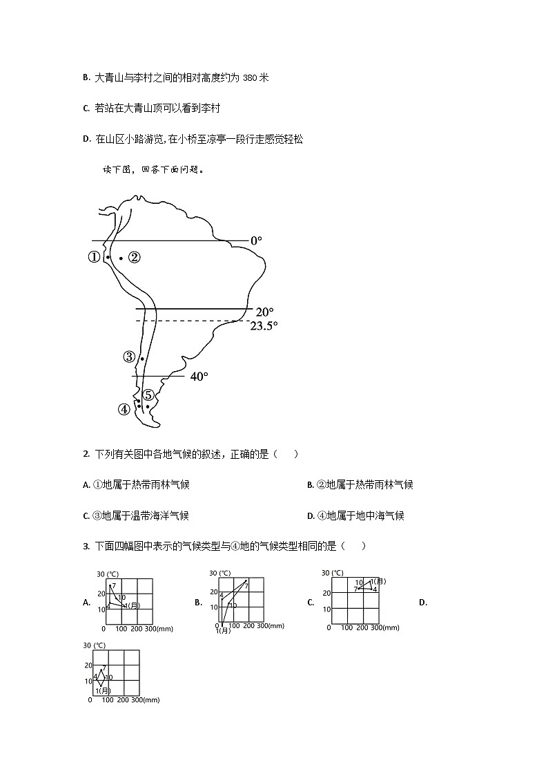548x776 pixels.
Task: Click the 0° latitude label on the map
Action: coord(256,240)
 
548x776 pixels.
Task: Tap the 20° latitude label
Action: coord(264,312)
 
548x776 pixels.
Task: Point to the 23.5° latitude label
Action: coord(264,325)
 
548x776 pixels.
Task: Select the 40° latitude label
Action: coord(199,377)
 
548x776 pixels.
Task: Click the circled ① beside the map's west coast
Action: coord(95,257)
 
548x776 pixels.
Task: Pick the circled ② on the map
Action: coord(135,257)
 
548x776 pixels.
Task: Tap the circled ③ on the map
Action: coord(129,357)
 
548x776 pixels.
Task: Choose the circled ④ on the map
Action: coord(124,408)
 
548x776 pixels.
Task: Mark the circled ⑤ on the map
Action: coord(148,396)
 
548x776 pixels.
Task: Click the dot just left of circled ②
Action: coord(121,258)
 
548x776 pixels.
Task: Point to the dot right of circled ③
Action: coord(141,359)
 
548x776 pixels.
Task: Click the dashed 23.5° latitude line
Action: coord(193,321)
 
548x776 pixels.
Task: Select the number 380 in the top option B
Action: coord(251,78)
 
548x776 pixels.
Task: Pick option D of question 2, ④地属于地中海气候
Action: coord(360,515)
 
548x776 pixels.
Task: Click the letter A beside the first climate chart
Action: coord(86,603)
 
